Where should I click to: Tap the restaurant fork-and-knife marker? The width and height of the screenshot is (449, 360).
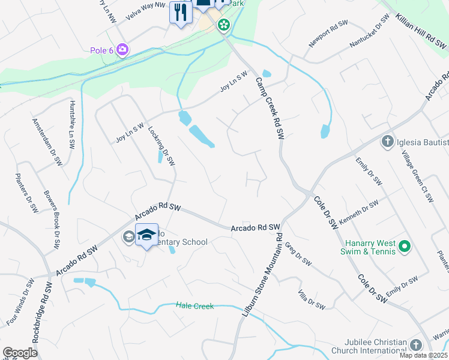(181, 12)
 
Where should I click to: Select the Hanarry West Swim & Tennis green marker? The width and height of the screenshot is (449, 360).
(405, 246)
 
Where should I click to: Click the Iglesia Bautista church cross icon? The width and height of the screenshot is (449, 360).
(387, 142)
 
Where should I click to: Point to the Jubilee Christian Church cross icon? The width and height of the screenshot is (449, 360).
(416, 345)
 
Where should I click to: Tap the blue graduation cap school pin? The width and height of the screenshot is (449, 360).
(146, 235)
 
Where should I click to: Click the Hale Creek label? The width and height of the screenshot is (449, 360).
(195, 306)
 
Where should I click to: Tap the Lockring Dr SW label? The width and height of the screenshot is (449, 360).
(161, 146)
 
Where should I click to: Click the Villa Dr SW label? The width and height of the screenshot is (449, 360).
(311, 299)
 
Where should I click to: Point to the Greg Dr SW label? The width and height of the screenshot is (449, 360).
(298, 254)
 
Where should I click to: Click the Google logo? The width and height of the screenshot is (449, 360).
(20, 353)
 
